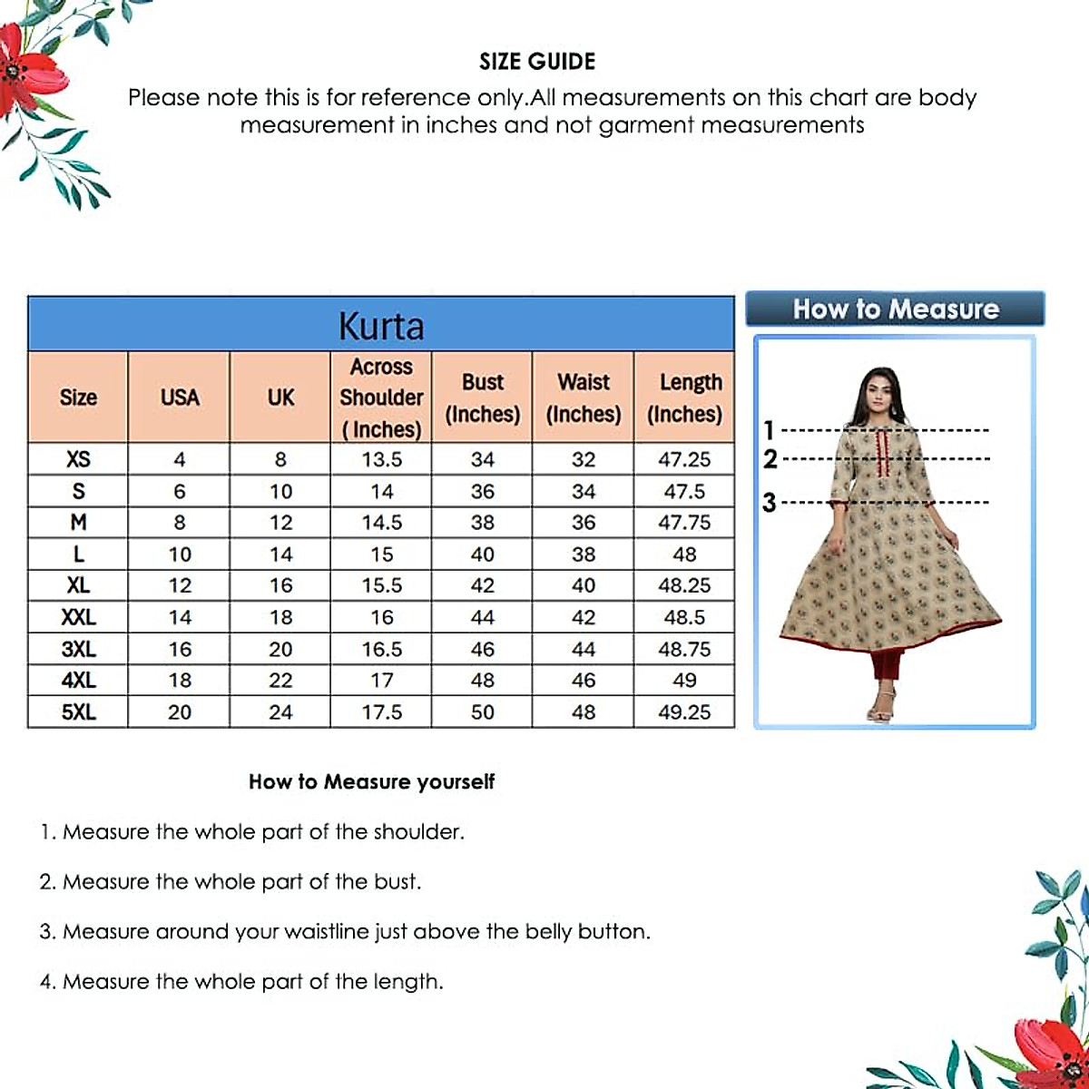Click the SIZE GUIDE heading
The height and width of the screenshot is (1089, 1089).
(x=537, y=62)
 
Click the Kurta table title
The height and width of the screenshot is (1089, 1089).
(x=381, y=326)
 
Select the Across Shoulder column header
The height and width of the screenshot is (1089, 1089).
(x=381, y=397)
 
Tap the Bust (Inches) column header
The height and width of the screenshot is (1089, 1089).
(x=482, y=397)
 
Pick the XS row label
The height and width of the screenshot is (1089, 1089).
(x=78, y=459)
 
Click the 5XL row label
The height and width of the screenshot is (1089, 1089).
(x=78, y=712)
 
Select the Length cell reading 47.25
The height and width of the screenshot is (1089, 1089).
(x=684, y=459)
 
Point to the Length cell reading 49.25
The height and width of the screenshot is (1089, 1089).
(x=684, y=712)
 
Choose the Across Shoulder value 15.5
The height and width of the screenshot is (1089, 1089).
(x=381, y=585)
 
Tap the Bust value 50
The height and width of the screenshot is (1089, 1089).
(x=482, y=712)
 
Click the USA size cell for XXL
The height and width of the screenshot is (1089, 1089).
(x=180, y=617)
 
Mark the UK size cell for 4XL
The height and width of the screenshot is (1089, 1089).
(x=280, y=681)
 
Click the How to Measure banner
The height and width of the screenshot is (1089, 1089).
(x=895, y=309)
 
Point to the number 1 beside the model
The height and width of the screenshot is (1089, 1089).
(x=770, y=430)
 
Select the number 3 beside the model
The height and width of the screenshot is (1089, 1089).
(x=770, y=502)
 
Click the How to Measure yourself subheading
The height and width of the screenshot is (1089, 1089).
(x=371, y=781)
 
